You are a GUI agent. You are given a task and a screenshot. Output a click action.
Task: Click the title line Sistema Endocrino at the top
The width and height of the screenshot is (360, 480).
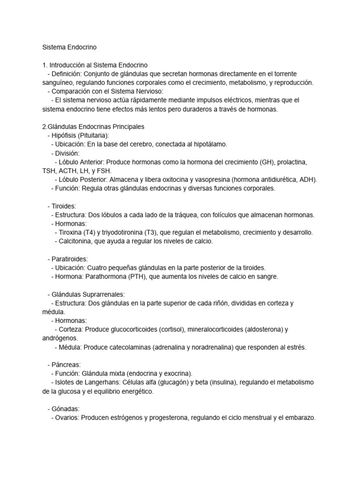(69, 47)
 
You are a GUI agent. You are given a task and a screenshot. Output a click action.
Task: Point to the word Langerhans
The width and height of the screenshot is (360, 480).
(103, 382)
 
